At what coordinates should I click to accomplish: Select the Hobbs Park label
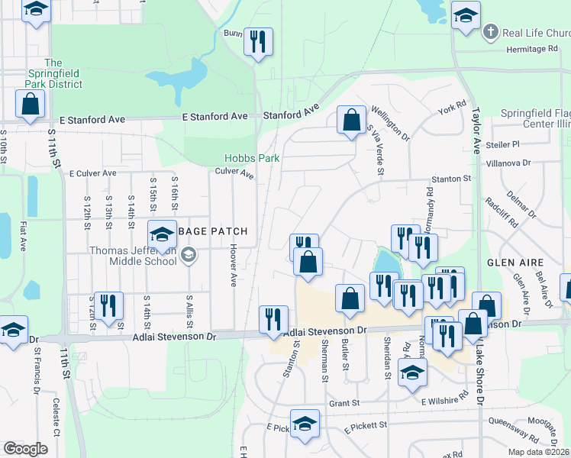(252, 158)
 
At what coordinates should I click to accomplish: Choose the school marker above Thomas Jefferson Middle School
(162, 236)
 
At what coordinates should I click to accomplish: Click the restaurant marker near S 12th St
(108, 305)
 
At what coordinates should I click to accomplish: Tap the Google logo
(26, 449)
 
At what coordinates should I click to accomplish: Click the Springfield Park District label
(53, 73)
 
